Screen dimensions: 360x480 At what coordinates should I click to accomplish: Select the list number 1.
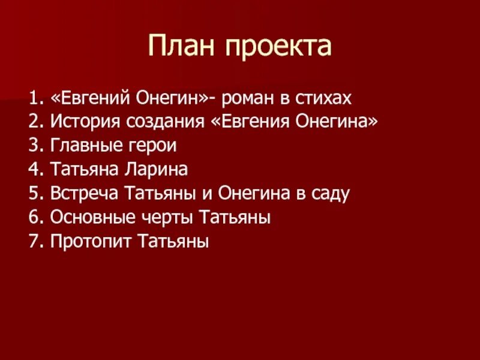(32, 97)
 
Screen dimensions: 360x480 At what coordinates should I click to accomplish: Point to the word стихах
(323, 97)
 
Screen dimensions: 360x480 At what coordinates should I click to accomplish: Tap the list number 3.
(32, 146)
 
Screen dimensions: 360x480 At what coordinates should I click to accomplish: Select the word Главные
(84, 146)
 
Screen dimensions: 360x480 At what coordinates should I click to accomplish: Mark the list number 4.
(32, 170)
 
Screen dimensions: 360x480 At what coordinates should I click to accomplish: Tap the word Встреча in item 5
(85, 194)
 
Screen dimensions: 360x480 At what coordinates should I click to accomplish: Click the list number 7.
(32, 242)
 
